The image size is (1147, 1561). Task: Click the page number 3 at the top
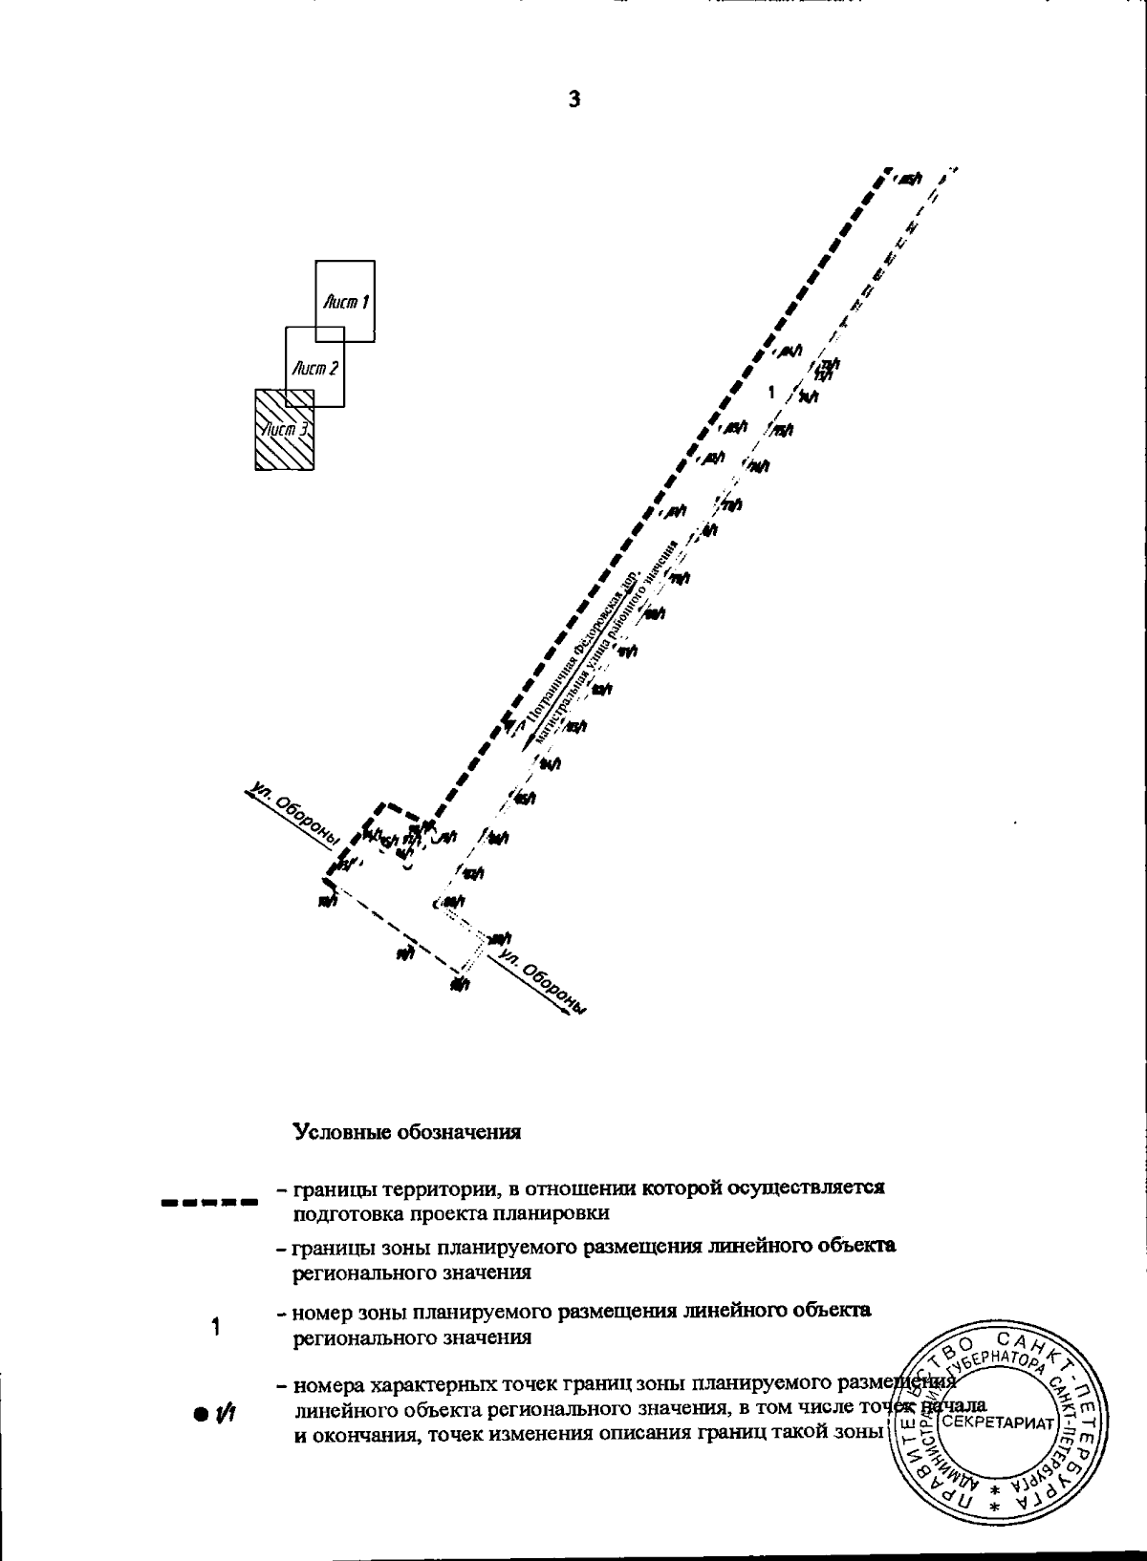573,98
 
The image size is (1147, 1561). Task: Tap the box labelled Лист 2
315,367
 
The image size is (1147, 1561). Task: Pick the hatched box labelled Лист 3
284,429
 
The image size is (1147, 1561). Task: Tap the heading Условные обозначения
406,1132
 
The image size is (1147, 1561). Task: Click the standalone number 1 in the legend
216,1326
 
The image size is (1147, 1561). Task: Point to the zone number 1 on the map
771,392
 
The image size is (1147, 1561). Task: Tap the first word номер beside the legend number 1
322,1311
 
